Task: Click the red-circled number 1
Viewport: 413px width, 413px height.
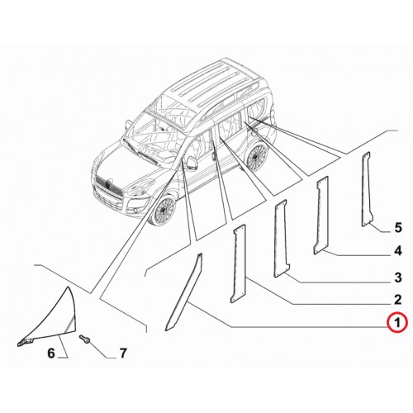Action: pos(396,322)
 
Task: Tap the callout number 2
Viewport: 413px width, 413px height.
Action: pos(397,300)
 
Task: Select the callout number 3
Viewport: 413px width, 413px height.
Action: pos(398,278)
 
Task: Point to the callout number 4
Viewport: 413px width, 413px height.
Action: pos(398,251)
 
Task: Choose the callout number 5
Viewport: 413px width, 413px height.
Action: pos(398,228)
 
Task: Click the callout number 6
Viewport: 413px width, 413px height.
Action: pos(51,353)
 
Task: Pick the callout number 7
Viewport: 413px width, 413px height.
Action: pos(123,353)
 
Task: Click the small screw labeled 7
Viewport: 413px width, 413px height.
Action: pos(84,339)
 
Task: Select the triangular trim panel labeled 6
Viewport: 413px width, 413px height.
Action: pos(55,320)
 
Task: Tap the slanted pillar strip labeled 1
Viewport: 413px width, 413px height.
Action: pos(183,292)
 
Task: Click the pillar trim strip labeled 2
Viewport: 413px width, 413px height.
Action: pos(238,263)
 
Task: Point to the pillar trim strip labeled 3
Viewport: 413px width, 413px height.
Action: pos(281,239)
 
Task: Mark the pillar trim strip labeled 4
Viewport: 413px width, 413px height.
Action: pos(321,215)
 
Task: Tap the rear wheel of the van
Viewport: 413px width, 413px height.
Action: pos(258,155)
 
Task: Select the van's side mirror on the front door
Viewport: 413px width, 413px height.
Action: pos(191,163)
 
